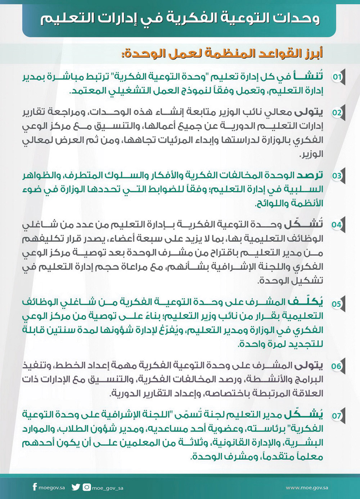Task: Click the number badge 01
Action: pyautogui.click(x=337, y=77)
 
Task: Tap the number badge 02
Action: pyautogui.click(x=337, y=112)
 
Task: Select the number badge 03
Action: pyautogui.click(x=337, y=176)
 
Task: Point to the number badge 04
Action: pyautogui.click(x=337, y=225)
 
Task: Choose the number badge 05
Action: pyautogui.click(x=337, y=304)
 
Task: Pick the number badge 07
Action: pyautogui.click(x=337, y=416)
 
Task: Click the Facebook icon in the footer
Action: pyautogui.click(x=35, y=487)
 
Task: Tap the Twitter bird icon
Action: pyautogui.click(x=76, y=487)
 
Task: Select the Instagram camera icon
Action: pyautogui.click(x=87, y=487)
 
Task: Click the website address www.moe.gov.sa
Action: pyautogui.click(x=307, y=488)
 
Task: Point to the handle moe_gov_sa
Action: pyautogui.click(x=108, y=488)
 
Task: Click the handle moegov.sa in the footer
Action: pyautogui.click(x=52, y=488)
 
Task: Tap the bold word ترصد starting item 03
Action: pyautogui.click(x=310, y=175)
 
